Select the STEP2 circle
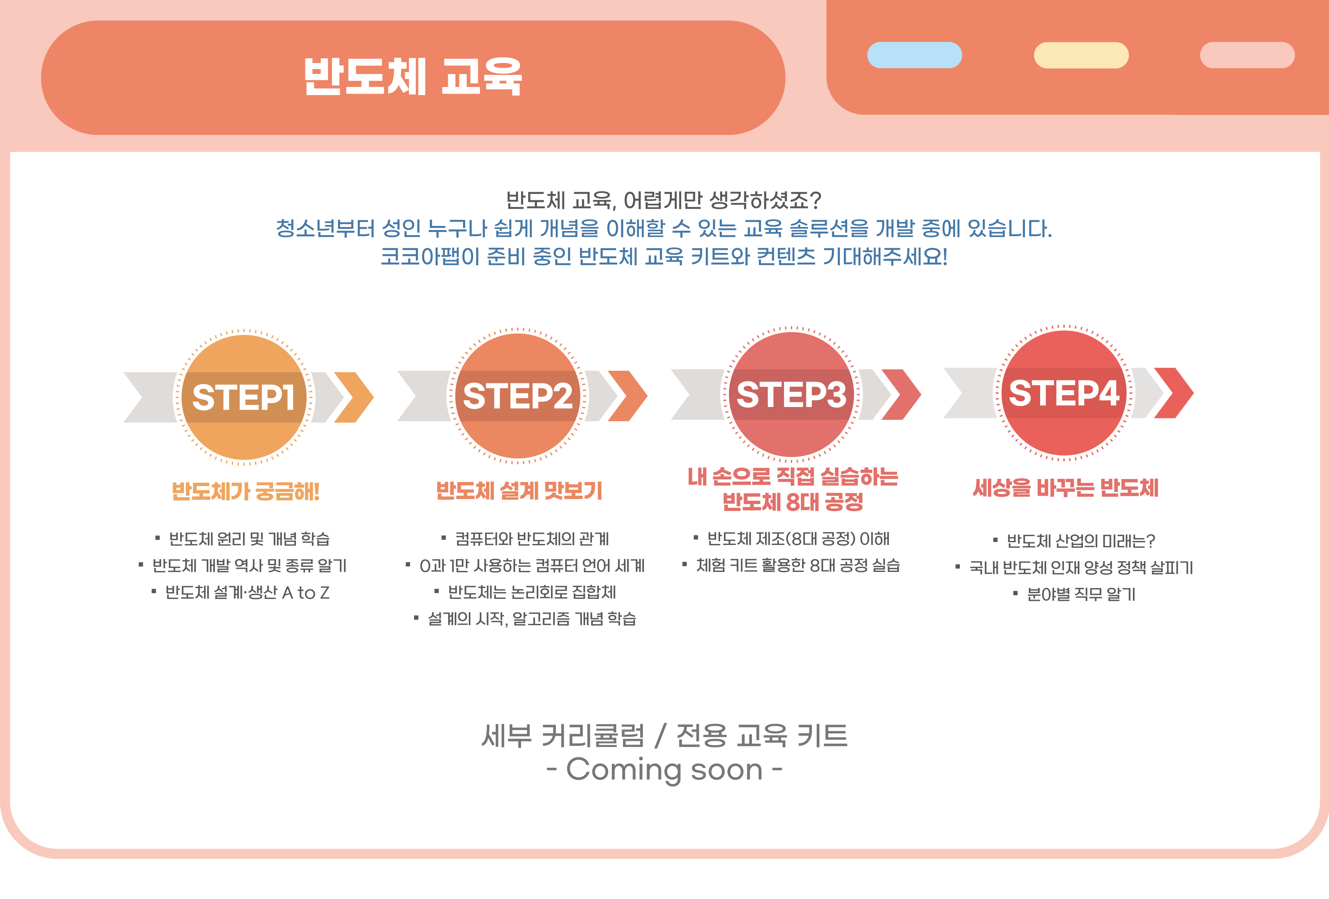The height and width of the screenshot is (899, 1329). tap(518, 396)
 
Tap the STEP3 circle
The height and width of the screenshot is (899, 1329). tap(791, 394)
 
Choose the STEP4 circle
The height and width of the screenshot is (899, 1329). tap(1064, 393)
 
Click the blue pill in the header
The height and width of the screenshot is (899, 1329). tap(914, 55)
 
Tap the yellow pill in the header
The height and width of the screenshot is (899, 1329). tap(1081, 55)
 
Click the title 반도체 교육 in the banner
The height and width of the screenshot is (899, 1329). tap(413, 77)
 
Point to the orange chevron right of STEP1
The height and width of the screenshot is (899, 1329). tap(353, 397)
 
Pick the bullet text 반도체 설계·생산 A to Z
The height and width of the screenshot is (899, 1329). tap(247, 592)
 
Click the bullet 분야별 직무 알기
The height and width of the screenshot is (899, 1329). tap(1081, 594)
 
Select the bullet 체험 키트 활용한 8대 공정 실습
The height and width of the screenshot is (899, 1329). tap(798, 565)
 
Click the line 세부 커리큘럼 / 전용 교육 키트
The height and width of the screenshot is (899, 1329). tap(664, 735)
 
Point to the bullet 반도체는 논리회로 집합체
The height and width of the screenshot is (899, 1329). tap(532, 592)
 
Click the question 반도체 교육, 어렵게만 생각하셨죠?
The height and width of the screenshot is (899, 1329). tap(664, 200)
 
